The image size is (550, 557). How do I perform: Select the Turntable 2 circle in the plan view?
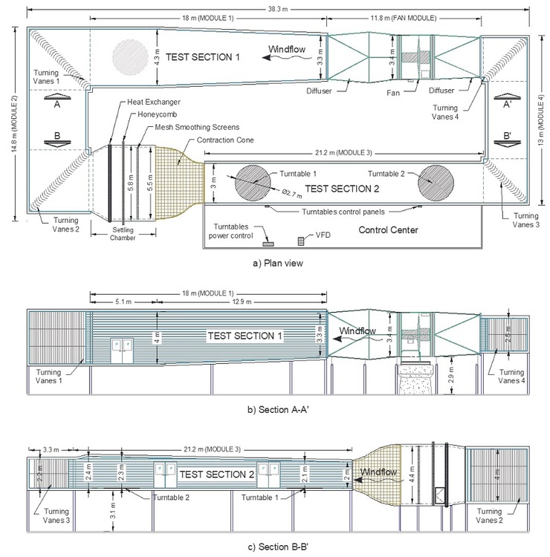click(x=436, y=182)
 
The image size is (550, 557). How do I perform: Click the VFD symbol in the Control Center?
click(x=302, y=241)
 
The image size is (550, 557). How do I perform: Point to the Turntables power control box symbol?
click(x=268, y=243)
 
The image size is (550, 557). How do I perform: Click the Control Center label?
click(x=388, y=229)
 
